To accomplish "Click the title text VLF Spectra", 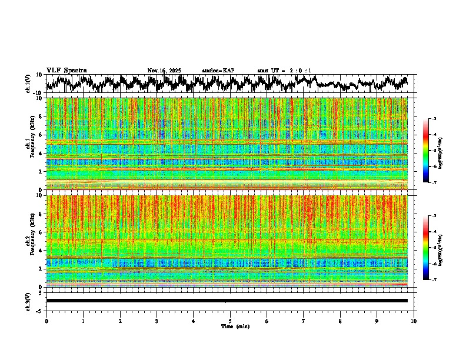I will coord(66,71).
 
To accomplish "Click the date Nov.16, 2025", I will coord(164,71).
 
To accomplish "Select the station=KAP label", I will coord(218,71).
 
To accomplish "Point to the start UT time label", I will coord(285,71).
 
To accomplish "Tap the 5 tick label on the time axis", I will coord(230,321).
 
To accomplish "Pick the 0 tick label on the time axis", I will coord(46,321).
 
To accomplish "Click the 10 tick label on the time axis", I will coord(414,321).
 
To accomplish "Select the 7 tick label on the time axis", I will coord(304,321).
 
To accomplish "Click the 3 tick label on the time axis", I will coord(157,321).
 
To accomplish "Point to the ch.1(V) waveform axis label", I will coord(28,84).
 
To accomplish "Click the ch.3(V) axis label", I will coord(28,301).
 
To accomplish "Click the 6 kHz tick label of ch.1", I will coord(41,135).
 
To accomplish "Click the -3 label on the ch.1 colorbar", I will coord(434,119).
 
